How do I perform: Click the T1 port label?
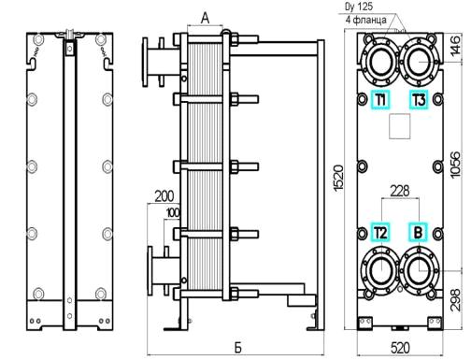coord(380,100)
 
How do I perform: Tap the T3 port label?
coord(419,100)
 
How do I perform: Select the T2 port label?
coord(380,232)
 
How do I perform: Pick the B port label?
coord(419,232)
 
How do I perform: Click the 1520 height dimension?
coord(338,178)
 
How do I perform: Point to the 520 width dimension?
coord(400,348)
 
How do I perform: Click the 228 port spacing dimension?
coord(400,191)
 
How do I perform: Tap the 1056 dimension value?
coord(455,165)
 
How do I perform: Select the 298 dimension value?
coord(455,299)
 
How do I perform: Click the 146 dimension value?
coord(455,46)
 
